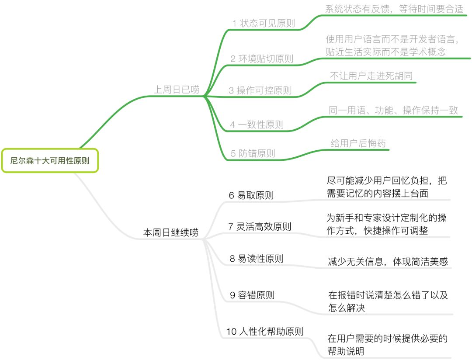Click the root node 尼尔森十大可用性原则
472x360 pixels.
50,160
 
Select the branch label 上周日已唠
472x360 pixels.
177,90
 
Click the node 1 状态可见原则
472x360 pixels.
263,24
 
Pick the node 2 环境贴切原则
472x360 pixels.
262,59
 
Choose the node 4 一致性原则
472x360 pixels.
257,125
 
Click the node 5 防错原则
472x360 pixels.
253,153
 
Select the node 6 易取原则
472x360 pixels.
251,195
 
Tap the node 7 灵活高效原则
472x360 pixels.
260,226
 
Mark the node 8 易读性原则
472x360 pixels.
257,259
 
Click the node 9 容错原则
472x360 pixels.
252,295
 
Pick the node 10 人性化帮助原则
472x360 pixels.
265,331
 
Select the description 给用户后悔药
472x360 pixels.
358,143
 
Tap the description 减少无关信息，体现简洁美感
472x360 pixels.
388,262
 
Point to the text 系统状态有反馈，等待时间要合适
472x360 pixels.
394,9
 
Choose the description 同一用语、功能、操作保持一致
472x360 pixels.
393,110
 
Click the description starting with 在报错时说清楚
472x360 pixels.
388,301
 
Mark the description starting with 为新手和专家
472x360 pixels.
386,225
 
